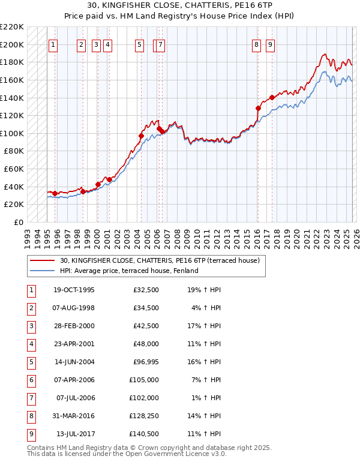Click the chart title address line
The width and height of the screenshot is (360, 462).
click(x=179, y=5)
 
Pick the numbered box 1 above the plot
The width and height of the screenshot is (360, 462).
click(x=53, y=44)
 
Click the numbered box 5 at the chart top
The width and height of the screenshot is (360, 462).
click(x=139, y=44)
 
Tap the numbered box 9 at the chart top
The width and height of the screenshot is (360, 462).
click(x=270, y=44)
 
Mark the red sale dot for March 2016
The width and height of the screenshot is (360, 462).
click(x=258, y=109)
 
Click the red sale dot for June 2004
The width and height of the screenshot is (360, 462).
click(x=141, y=136)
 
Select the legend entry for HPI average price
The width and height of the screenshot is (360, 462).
click(x=128, y=271)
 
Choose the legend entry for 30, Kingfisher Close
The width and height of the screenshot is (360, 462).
click(x=159, y=260)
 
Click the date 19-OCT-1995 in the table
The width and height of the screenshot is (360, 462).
click(x=74, y=290)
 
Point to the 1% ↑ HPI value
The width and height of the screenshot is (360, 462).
click(x=203, y=398)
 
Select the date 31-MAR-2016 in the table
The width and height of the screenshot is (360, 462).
click(x=74, y=416)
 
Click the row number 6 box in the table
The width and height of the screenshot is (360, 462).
click(x=31, y=380)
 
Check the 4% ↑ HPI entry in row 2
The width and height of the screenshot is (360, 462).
click(x=203, y=308)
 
